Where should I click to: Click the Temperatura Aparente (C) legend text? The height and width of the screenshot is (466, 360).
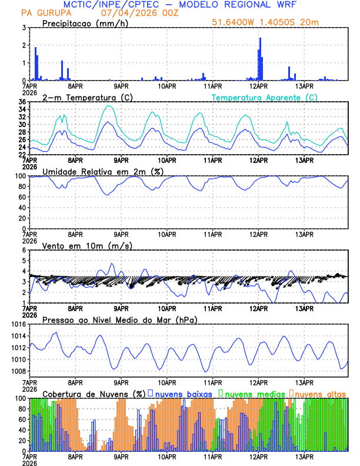tap(265, 97)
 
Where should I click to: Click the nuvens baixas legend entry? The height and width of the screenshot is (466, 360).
tap(182, 393)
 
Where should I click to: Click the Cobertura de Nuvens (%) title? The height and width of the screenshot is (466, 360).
tap(93, 393)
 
